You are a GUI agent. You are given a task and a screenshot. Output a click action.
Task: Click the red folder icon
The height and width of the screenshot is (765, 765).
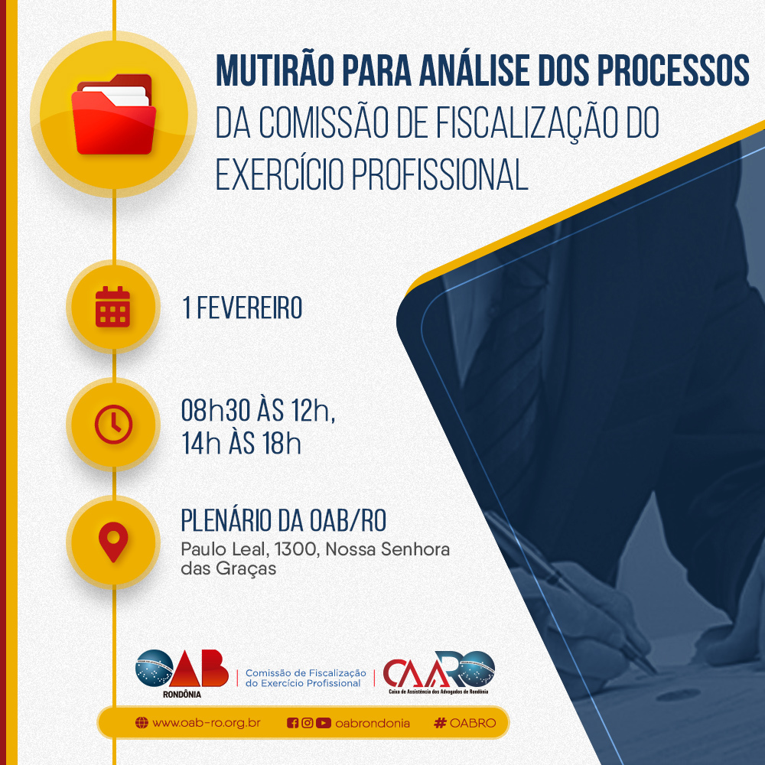point(114,114)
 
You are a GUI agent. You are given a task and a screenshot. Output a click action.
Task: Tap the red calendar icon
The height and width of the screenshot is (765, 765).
point(112,307)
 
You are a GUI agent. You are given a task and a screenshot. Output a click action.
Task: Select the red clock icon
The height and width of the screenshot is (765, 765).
point(113,424)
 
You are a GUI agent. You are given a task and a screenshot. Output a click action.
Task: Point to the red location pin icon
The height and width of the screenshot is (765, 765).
point(113,542)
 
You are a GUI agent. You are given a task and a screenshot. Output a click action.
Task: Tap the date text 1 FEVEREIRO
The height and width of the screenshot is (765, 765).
point(242,308)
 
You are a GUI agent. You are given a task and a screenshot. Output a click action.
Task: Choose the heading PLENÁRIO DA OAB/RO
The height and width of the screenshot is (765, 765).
point(284,520)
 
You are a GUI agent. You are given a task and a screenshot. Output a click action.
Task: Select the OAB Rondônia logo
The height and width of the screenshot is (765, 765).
point(182,672)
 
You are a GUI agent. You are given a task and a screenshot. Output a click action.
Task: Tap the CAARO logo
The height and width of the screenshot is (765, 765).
point(438,672)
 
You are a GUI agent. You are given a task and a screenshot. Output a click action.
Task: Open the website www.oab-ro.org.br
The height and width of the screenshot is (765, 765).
point(206,723)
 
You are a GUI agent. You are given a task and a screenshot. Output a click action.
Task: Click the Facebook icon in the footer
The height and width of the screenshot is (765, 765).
point(292,723)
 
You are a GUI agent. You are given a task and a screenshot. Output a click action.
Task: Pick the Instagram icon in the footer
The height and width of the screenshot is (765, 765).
point(307,723)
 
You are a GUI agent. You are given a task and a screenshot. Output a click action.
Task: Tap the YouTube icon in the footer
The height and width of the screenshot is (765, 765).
point(323,723)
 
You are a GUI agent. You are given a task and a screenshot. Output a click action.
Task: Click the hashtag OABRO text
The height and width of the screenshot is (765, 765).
point(465,723)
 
